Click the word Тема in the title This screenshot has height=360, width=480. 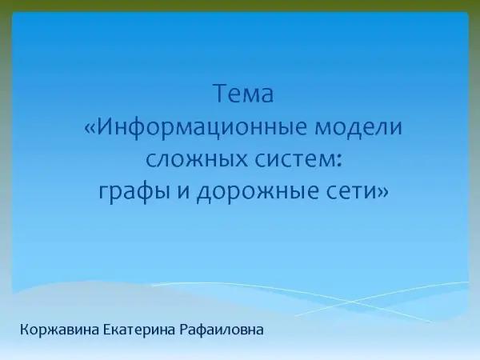[x=243, y=94]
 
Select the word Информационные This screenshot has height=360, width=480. [x=202, y=127]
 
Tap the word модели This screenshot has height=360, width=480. [x=358, y=126]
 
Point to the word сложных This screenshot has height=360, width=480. [x=197, y=160]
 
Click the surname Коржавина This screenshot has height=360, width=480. [x=60, y=330]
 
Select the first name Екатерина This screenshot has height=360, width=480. [x=139, y=330]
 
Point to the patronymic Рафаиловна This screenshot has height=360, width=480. [x=222, y=330]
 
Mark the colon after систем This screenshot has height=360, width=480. [x=338, y=161]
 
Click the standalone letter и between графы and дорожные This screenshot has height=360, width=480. [x=183, y=192]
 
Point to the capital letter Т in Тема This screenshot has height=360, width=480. [x=221, y=94]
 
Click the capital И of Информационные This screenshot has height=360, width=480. [x=105, y=127]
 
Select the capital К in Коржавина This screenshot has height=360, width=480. [x=24, y=330]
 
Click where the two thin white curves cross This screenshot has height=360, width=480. [x=352, y=302]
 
